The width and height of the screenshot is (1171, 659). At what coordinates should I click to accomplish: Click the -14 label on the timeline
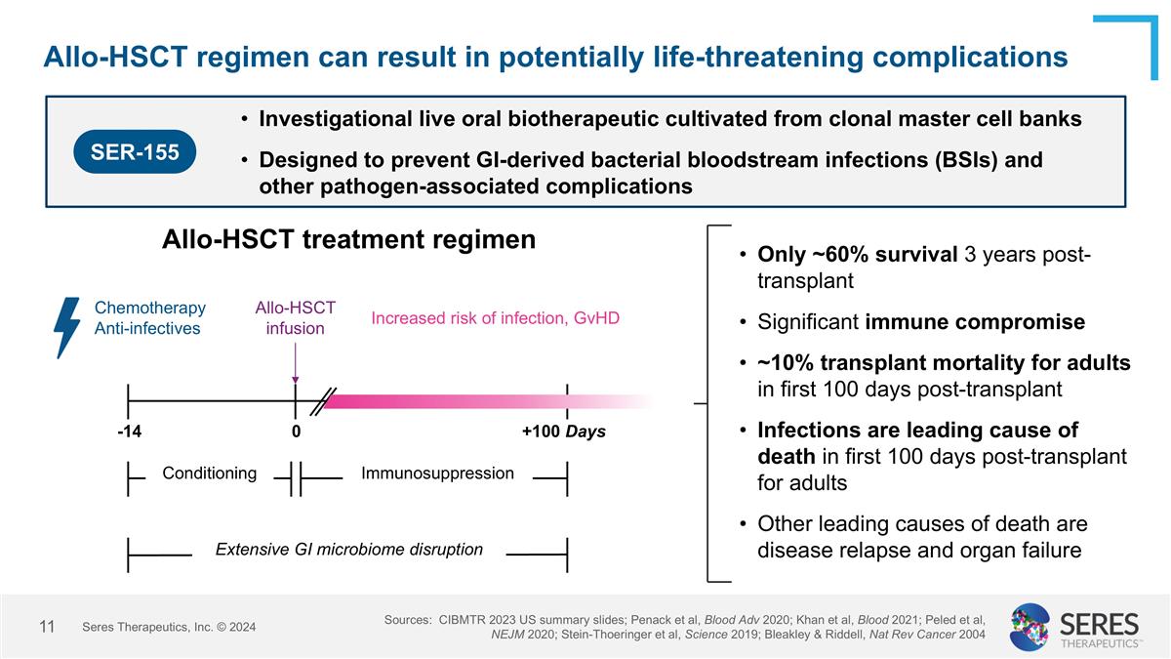click(x=129, y=432)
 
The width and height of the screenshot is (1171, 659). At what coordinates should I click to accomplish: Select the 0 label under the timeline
click(x=296, y=432)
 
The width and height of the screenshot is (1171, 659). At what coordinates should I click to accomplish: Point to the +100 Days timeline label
click(x=563, y=432)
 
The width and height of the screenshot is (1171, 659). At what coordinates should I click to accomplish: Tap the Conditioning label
click(x=209, y=474)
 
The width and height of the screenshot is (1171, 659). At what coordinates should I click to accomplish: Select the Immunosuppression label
click(x=437, y=474)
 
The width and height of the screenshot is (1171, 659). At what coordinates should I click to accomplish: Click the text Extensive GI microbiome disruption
click(x=348, y=550)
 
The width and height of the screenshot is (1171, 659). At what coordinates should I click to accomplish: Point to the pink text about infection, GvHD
click(x=495, y=318)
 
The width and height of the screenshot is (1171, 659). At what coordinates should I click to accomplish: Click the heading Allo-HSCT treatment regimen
click(x=348, y=239)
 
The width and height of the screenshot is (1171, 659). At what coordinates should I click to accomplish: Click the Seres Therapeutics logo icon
click(x=1030, y=626)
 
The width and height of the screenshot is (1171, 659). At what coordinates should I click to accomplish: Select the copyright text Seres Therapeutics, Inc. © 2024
click(x=169, y=627)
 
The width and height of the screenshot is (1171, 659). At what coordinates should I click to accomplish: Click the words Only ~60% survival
click(x=857, y=255)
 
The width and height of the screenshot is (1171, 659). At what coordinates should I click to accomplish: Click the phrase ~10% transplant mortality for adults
click(x=944, y=363)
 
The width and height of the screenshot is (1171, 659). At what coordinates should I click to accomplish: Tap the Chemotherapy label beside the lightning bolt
click(x=150, y=308)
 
